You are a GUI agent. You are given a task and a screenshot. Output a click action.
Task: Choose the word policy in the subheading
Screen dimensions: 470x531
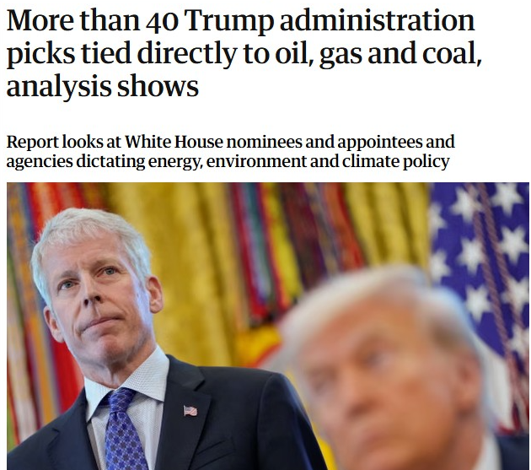tap(427, 160)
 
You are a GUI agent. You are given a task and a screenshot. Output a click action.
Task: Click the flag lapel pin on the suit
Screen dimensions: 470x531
tap(190, 411)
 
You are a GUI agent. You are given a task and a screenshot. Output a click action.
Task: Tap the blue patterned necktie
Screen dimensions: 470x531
tap(126, 430)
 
